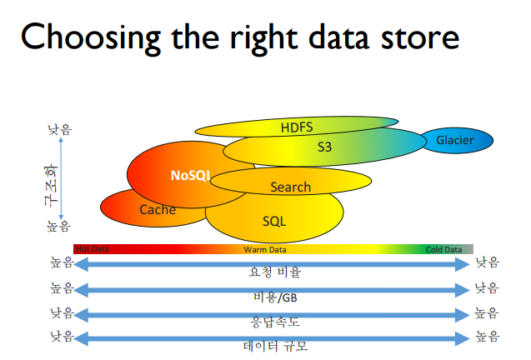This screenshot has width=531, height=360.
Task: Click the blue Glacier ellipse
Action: tap(455, 140)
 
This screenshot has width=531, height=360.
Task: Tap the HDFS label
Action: tap(296, 127)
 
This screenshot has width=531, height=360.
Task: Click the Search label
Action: tap(290, 187)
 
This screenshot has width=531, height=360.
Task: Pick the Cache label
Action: tap(158, 209)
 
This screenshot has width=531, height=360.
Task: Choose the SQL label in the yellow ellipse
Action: tap(274, 222)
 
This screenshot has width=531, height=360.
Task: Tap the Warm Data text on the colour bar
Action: tap(265, 249)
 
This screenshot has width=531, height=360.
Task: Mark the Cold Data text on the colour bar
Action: tap(443, 249)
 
